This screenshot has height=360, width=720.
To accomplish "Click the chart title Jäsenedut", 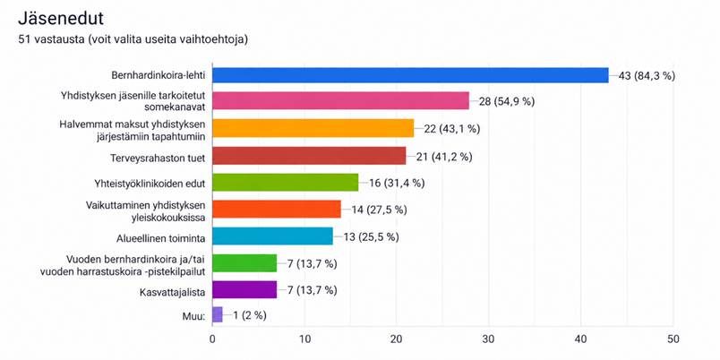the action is (60, 19).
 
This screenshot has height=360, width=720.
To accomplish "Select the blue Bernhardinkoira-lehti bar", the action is (410, 75).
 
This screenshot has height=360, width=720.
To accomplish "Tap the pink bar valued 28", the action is (340, 101).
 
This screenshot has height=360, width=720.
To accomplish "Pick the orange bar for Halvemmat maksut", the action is (313, 129).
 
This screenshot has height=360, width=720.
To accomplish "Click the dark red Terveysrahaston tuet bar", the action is (309, 157).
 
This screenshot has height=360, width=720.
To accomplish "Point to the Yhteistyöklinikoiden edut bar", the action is (285, 184).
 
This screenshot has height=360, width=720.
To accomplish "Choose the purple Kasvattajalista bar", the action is (244, 291).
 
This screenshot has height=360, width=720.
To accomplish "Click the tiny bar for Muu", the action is (218, 315).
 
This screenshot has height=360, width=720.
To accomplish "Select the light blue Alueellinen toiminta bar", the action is (272, 237).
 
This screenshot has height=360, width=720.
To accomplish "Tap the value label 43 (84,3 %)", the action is (647, 76).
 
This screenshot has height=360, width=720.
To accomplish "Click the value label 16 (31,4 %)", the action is (397, 184).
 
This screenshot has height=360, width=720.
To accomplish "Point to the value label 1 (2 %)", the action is (249, 315).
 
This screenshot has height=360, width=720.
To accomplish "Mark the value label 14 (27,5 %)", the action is (380, 210).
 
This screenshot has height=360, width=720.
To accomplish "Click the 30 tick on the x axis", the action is (488, 339).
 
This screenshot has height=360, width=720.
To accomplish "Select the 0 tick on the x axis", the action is (212, 339).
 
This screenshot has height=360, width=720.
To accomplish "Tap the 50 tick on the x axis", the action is (673, 339).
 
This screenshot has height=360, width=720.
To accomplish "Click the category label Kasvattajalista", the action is (172, 291).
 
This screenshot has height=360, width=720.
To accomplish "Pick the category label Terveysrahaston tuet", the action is (158, 158).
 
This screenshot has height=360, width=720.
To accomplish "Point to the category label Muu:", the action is (193, 316).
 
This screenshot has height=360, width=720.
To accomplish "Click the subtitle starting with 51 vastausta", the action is (133, 40).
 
